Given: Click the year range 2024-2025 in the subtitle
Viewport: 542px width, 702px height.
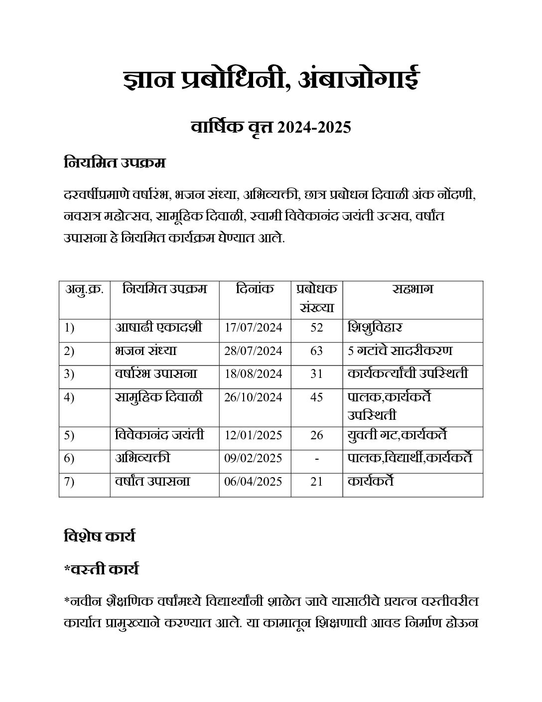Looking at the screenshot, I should tap(314, 128).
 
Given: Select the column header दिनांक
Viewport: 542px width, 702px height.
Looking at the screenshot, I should tap(255, 289).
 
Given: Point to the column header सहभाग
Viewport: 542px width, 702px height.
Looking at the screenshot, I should tap(412, 289).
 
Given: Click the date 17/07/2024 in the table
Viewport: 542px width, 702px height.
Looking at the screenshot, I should tap(253, 328).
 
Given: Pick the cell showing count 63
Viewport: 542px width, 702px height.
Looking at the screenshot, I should tap(316, 351).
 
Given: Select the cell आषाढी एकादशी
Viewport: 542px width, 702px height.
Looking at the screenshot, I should tap(159, 328).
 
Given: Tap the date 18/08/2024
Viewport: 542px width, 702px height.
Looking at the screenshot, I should tap(253, 374).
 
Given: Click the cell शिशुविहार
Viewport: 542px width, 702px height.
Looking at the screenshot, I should tap(375, 328).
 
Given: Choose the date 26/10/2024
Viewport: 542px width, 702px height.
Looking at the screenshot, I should tap(253, 397).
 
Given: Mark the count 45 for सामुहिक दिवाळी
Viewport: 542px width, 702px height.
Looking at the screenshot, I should tap(316, 397).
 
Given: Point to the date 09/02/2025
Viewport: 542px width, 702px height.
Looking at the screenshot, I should tap(253, 458).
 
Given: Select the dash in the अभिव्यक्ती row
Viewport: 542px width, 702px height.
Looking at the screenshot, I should tap(317, 458).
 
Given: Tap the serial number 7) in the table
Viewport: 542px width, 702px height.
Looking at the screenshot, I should tap(69, 482).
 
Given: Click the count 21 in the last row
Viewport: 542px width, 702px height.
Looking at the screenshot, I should tap(316, 482).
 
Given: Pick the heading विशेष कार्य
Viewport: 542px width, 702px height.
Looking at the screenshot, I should tap(100, 536).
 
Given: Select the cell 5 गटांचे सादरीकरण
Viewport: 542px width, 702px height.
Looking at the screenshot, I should tap(400, 351).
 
